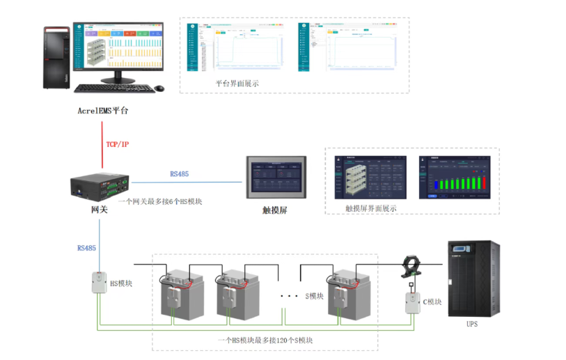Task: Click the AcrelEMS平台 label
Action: (103, 111)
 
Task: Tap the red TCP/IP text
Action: (117, 144)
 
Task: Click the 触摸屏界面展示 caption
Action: (371, 208)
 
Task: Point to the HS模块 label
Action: (121, 283)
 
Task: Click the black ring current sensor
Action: (409, 266)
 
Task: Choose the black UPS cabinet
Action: (473, 278)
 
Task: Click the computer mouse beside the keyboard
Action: (160, 88)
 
